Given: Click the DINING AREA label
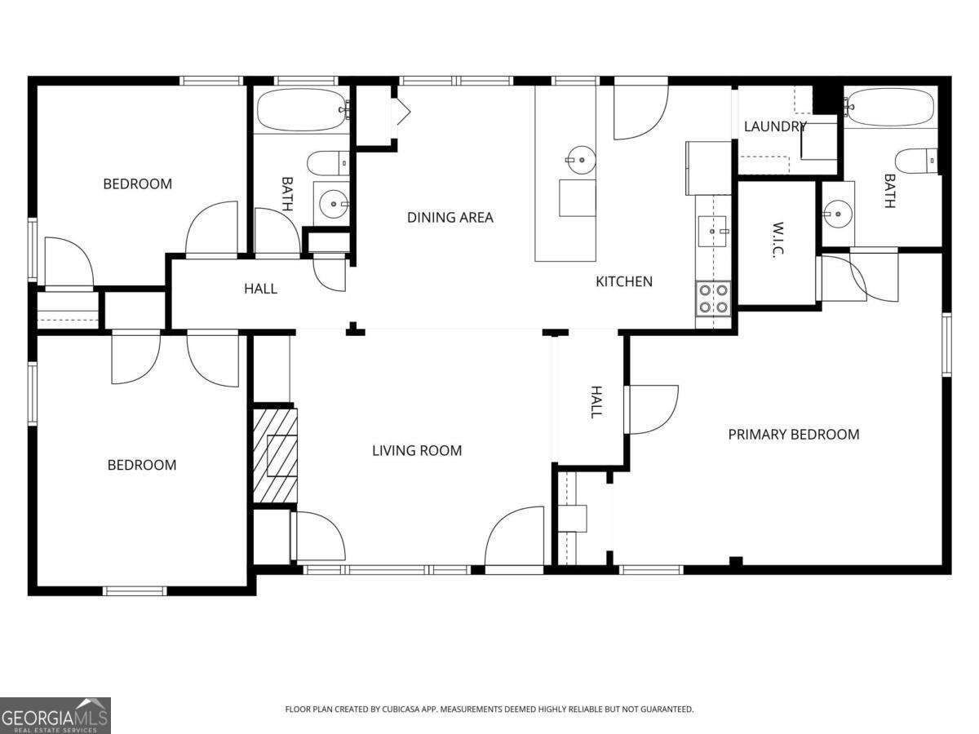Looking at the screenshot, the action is point(450,218).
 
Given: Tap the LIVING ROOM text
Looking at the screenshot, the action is point(417,450).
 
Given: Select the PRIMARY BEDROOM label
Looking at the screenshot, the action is point(794,435).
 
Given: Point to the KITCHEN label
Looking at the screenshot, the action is point(624,281).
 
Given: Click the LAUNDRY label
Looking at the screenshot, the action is point(775,126).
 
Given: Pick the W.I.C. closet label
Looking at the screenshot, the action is point(777,241).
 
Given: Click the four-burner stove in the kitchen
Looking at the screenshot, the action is point(713,298).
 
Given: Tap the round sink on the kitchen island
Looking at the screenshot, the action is point(581,160).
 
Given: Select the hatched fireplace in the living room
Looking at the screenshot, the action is point(275,456).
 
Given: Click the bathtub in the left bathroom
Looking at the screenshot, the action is point(303,110).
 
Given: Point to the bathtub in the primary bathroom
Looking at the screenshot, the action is point(890,108).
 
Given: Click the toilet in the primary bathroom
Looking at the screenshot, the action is point(915,161).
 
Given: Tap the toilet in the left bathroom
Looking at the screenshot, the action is point(328,163).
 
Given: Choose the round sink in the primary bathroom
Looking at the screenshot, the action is point(838,214).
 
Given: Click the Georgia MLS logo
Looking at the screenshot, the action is point(55,715).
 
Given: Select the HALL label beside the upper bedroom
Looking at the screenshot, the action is point(261,289).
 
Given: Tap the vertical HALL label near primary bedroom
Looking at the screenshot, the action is point(596,402).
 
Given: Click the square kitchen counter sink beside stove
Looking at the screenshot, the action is point(712,232).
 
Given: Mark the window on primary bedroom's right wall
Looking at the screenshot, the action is point(946,344).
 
